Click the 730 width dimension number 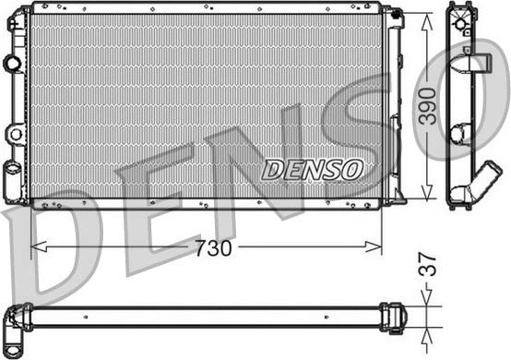pyautogui.click(x=213, y=248)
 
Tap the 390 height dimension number pyautogui.click(x=427, y=106)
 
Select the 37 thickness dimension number pyautogui.click(x=427, y=264)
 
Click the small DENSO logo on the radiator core pyautogui.click(x=313, y=170)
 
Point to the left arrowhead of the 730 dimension pyautogui.click(x=39, y=246)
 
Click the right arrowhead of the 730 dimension pyautogui.click(x=374, y=246)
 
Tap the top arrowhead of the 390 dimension pyautogui.click(x=426, y=22)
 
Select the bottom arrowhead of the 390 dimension pyautogui.click(x=426, y=191)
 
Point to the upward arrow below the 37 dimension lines pyautogui.click(x=426, y=340)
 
